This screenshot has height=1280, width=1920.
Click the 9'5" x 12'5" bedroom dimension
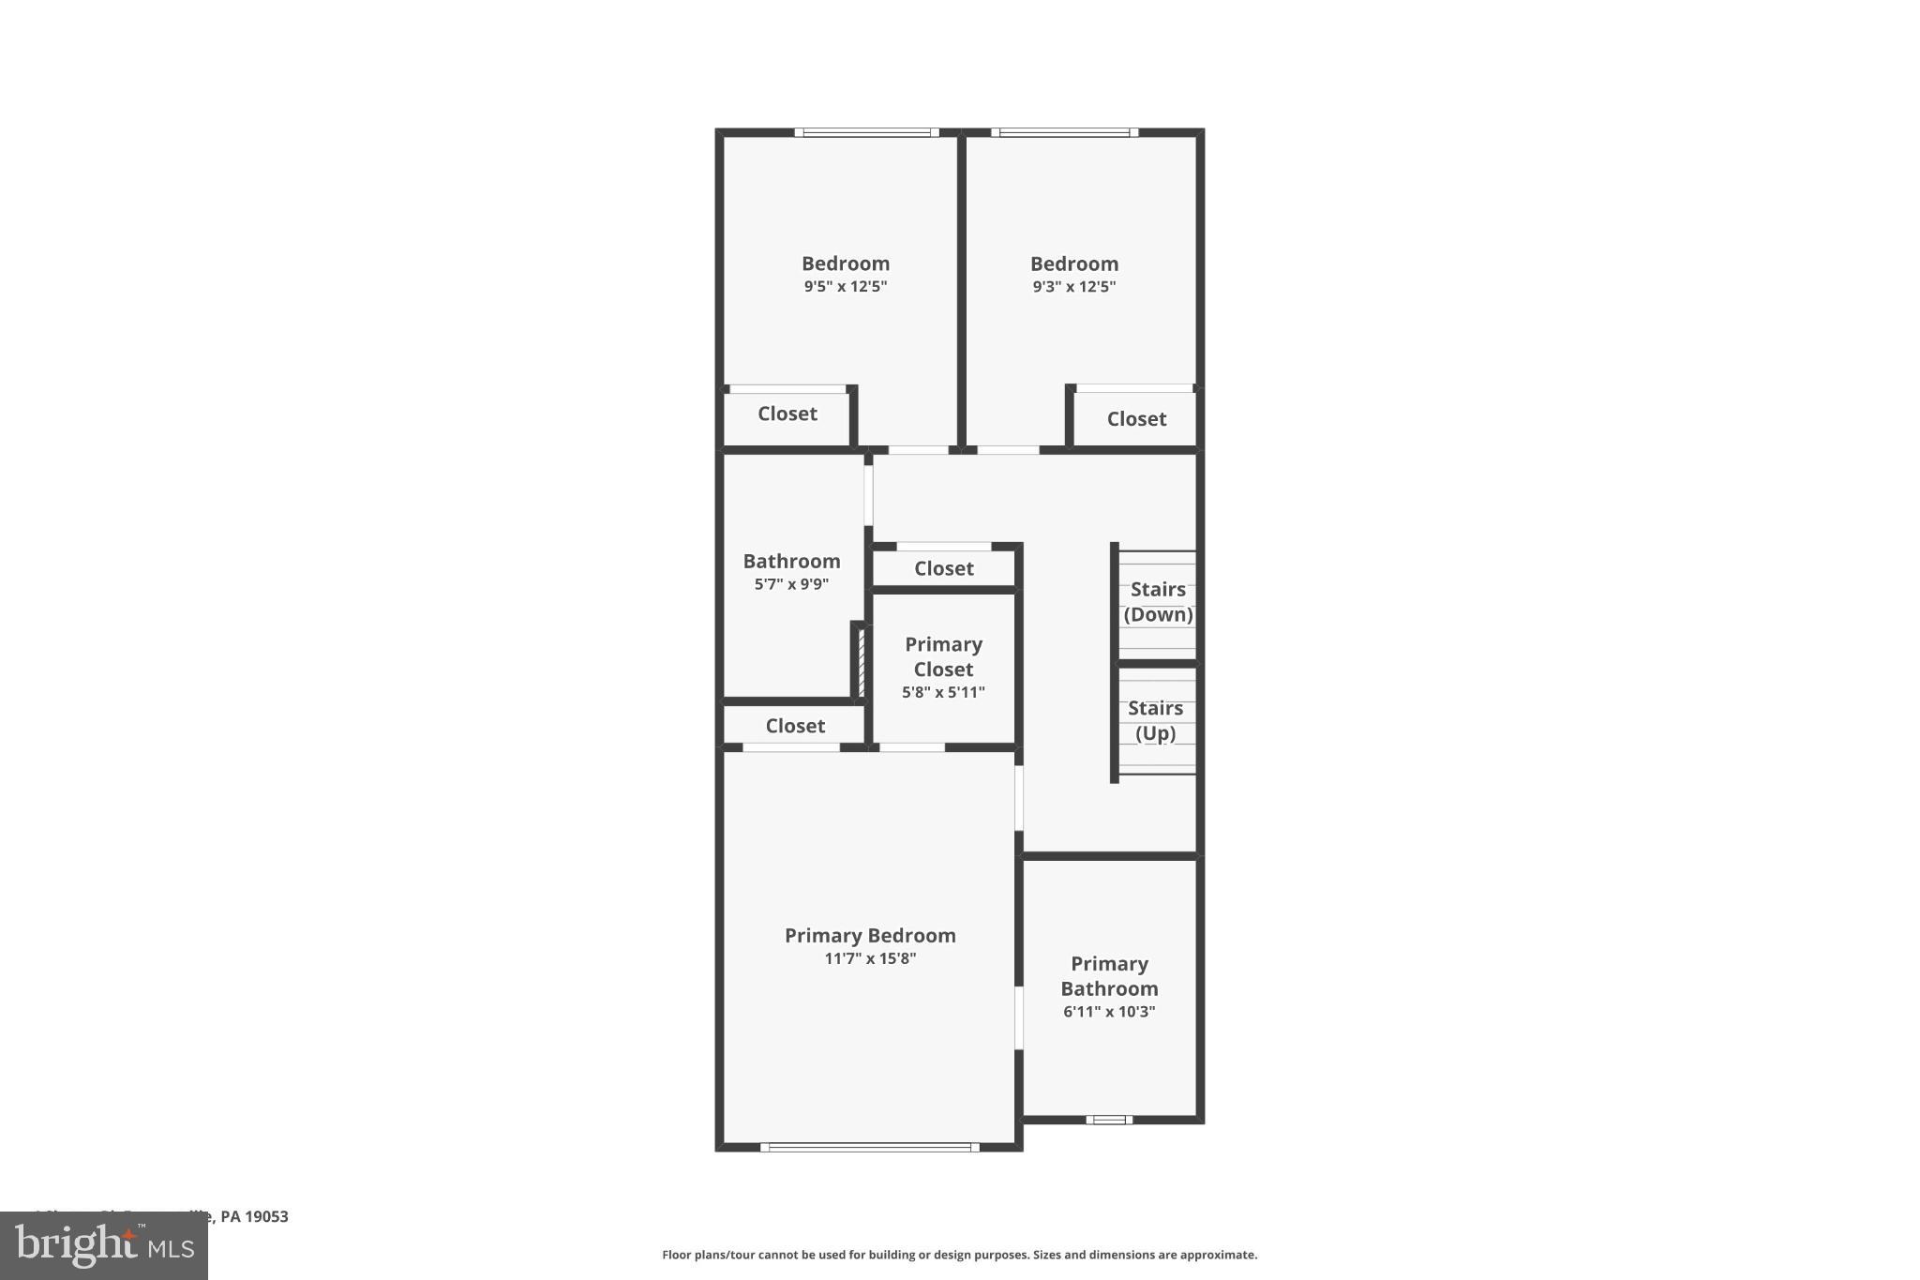tap(845, 287)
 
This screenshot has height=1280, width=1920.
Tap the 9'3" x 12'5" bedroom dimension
tap(1073, 287)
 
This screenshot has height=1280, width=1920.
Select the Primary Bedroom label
tap(869, 935)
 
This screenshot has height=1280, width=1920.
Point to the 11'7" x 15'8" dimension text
tap(869, 958)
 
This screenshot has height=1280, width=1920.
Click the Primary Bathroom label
tap(1109, 976)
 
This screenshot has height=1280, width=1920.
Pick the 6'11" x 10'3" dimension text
tap(1109, 1012)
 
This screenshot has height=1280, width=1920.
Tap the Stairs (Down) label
tap(1158, 602)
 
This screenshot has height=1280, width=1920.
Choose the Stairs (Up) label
tap(1155, 720)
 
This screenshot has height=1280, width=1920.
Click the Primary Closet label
tap(943, 656)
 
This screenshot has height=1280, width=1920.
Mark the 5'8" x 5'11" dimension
tap(943, 693)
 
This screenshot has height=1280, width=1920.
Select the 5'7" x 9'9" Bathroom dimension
tap(791, 584)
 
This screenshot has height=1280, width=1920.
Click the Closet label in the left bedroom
tap(787, 414)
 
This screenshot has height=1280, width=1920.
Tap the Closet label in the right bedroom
tap(1136, 419)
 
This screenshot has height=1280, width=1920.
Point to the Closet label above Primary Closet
tap(943, 568)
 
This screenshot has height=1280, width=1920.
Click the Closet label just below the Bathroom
tap(795, 726)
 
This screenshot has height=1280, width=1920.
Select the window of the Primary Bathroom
tap(1109, 1119)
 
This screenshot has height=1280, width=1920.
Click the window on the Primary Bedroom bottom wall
tap(869, 1147)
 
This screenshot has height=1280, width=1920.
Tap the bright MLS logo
tap(103, 1246)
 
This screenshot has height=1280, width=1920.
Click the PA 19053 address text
tap(253, 1216)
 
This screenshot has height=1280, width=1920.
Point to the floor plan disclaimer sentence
tap(959, 1255)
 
